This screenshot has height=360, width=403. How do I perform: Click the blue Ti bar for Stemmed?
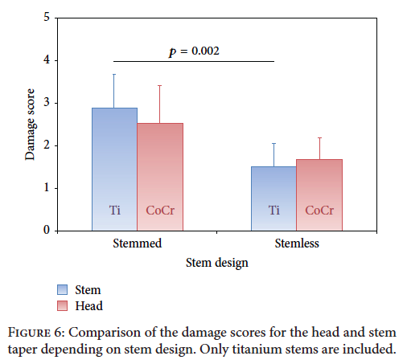(x=114, y=170)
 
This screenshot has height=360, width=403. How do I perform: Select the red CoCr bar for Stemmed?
(x=160, y=177)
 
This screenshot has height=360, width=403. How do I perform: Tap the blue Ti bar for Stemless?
(x=273, y=198)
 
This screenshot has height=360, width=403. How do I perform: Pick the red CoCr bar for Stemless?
(x=319, y=195)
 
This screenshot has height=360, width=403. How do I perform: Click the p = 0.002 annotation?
(x=194, y=51)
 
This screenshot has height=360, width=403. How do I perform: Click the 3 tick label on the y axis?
(x=47, y=102)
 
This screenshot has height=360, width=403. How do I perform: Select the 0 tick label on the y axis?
(x=47, y=230)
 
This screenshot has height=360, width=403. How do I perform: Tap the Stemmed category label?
(x=138, y=243)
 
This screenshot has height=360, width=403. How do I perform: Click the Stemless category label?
(x=297, y=243)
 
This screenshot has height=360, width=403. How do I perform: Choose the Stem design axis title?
(x=217, y=263)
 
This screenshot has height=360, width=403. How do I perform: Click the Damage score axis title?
(x=30, y=125)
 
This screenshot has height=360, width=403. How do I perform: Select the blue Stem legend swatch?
(x=62, y=290)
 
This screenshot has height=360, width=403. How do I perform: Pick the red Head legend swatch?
(x=62, y=305)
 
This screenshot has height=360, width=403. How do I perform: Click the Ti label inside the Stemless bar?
(x=274, y=211)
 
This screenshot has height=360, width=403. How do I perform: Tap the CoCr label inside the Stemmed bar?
(x=160, y=211)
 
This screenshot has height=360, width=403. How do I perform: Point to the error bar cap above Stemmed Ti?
(x=114, y=74)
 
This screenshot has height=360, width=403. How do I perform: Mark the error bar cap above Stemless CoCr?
(x=319, y=137)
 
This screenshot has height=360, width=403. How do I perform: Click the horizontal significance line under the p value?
(x=194, y=61)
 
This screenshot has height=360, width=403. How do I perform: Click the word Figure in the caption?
(x=29, y=333)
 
